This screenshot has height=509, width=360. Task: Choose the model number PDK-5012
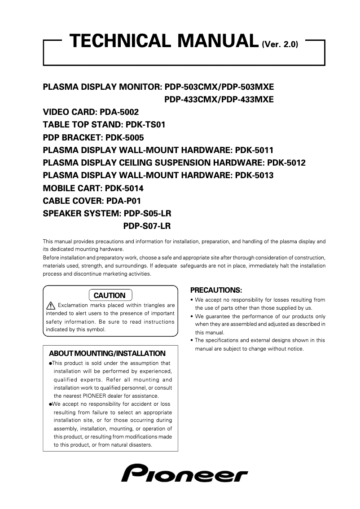[286, 162]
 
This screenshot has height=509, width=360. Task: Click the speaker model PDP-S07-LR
[147, 226]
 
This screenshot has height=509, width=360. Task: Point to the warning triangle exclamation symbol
[51, 306]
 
